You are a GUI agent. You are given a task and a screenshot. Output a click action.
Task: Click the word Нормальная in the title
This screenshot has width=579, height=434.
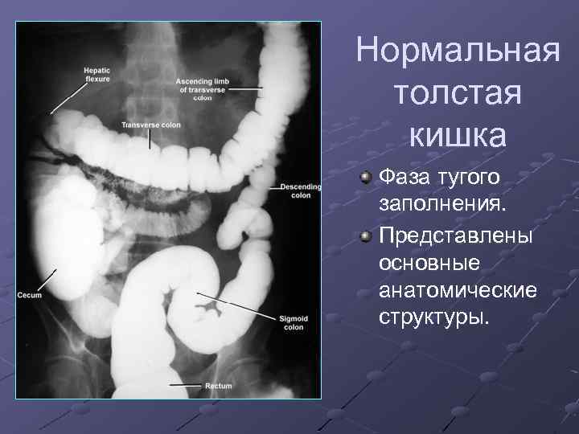(x=458, y=51)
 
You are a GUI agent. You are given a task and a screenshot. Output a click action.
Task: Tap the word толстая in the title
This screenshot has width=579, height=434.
(x=458, y=93)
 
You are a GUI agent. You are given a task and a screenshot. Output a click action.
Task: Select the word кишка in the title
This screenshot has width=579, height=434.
(x=458, y=134)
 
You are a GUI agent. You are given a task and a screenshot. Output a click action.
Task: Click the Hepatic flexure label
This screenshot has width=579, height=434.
(x=97, y=73)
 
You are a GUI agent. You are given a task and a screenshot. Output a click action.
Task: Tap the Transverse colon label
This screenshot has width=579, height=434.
(x=151, y=125)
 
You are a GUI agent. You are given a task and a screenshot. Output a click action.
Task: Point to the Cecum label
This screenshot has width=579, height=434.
(x=30, y=295)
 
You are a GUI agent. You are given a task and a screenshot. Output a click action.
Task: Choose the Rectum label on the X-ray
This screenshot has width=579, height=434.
(x=218, y=387)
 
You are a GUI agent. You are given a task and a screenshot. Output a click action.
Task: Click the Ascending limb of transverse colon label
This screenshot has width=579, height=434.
(x=203, y=87)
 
